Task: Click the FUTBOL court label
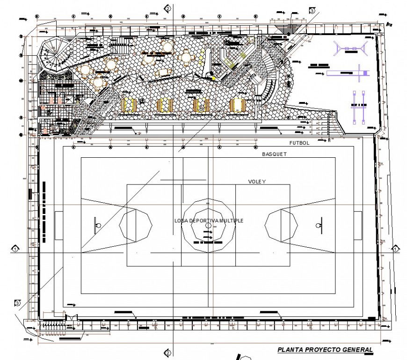299,143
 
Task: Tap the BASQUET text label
274,154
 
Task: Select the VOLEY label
257,181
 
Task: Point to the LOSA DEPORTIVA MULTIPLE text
209,220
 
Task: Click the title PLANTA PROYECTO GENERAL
325,349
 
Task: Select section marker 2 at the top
167,8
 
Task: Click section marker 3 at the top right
312,10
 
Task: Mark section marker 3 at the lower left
17,303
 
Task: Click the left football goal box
59,225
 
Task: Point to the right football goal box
357,225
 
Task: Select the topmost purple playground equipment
350,48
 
